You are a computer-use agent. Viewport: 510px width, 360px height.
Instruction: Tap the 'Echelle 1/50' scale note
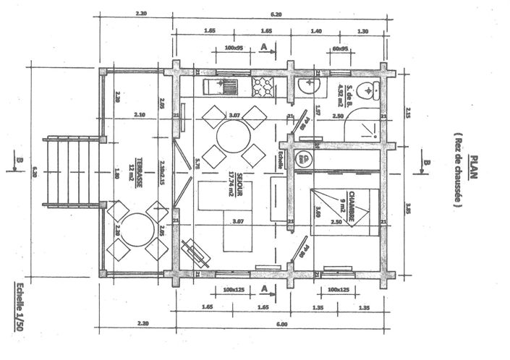pos(18,307)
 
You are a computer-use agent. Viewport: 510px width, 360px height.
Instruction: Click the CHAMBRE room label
pos(350,208)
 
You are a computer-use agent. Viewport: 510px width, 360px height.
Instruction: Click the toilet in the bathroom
pos(370,91)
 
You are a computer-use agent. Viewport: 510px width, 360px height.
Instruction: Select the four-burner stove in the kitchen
pos(262,88)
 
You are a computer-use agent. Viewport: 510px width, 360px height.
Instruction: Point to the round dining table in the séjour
pos(233,135)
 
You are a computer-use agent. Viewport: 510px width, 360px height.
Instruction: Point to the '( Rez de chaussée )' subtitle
pos(457,171)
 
